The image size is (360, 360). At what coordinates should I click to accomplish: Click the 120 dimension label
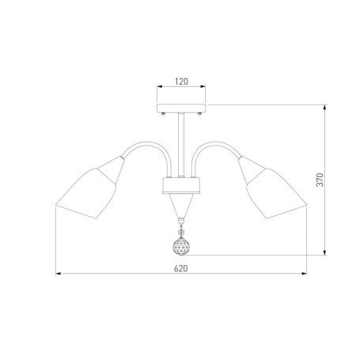[181, 81]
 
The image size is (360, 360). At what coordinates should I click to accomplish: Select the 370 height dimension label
[320, 180]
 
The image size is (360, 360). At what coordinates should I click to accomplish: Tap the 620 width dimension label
[181, 268]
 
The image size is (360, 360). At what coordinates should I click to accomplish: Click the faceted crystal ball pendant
[181, 246]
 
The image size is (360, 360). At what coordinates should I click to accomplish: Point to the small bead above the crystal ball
[181, 233]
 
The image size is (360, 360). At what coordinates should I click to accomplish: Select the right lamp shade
[276, 193]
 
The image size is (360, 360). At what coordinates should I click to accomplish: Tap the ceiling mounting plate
[181, 108]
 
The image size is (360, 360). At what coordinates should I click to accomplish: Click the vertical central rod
[181, 145]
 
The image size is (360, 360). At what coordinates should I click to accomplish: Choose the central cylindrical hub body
[181, 185]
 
